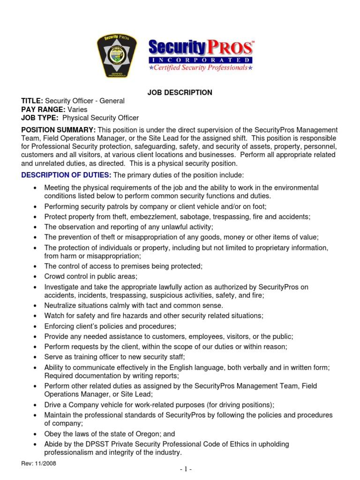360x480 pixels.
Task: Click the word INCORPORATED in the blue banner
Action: click(201, 60)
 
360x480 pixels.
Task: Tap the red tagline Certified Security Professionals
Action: click(201, 68)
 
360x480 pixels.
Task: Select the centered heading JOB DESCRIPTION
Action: click(180, 93)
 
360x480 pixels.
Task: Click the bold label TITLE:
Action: click(32, 101)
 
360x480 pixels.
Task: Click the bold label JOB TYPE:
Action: click(40, 118)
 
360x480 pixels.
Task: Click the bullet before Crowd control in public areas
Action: click(36, 277)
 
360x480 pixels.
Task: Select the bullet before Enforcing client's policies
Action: click(36, 326)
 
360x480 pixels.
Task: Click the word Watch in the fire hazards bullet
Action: click(54, 315)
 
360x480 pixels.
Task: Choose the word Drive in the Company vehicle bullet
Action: click(53, 405)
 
